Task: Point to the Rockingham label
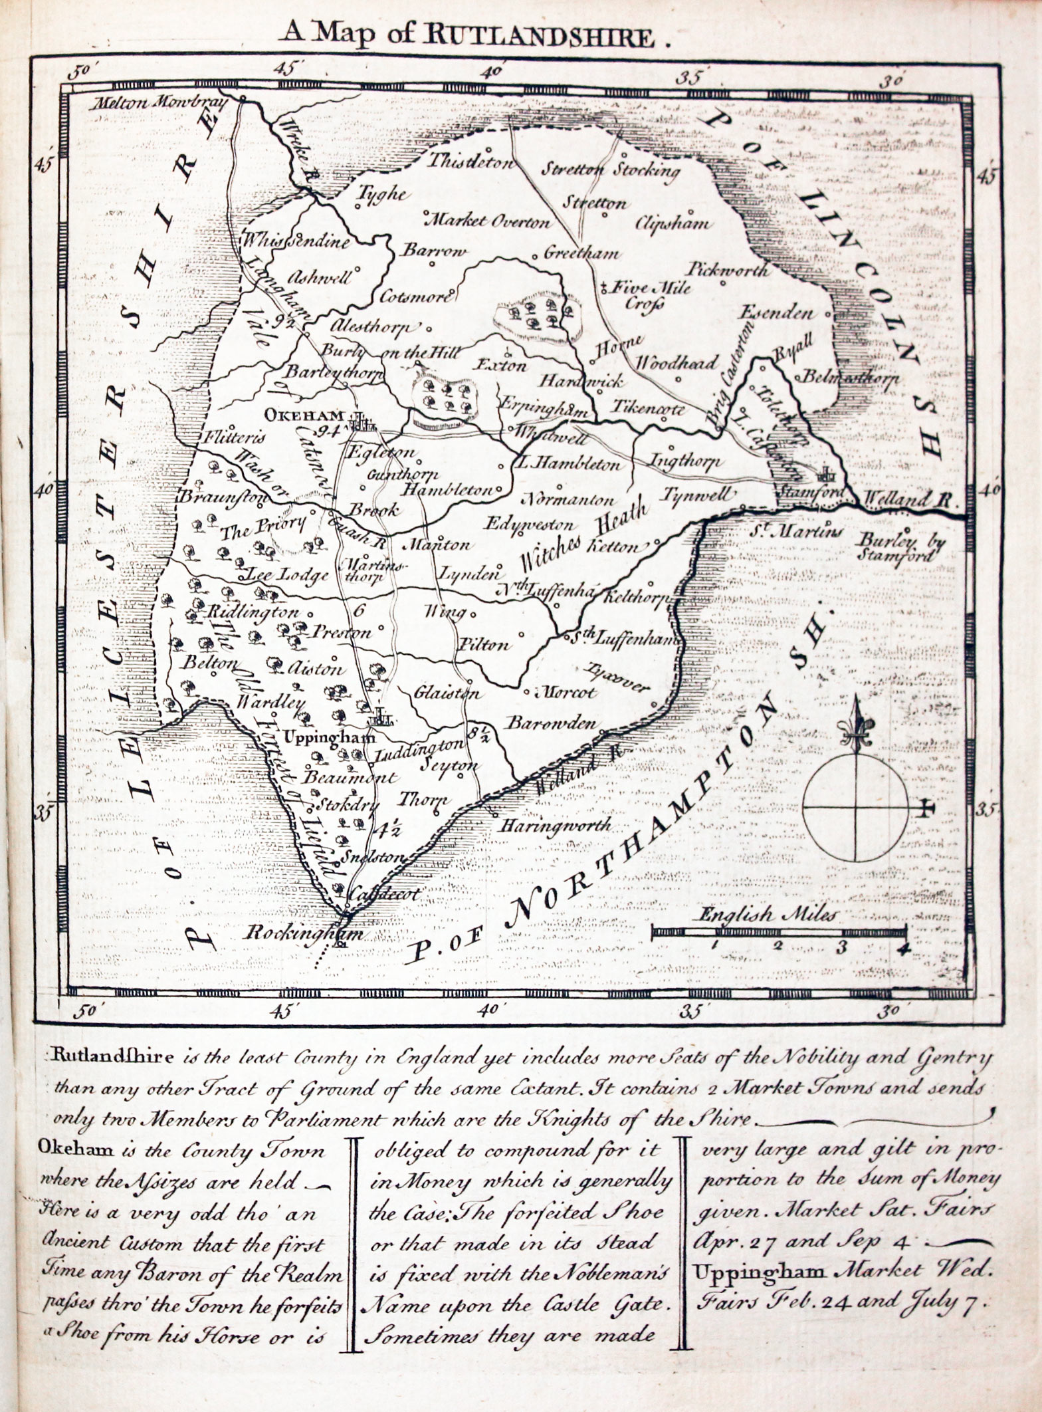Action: click(303, 932)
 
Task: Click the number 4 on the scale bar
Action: click(902, 949)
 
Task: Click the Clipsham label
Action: click(673, 223)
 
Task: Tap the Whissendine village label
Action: click(296, 241)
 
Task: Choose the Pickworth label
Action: click(729, 269)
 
